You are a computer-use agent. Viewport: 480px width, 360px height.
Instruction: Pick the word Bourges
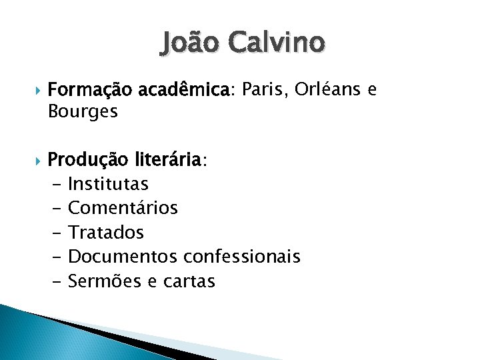point(83,111)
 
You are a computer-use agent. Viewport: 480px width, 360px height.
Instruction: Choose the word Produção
point(91,160)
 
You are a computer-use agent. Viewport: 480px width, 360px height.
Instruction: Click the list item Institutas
point(108,183)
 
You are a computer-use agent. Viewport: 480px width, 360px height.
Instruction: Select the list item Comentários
point(123,208)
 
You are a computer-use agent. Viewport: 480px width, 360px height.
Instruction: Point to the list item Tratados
point(105,232)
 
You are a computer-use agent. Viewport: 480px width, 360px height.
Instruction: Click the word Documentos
point(123,256)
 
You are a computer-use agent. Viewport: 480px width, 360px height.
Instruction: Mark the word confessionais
point(241,256)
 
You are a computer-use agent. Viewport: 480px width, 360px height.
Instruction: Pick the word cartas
point(190,281)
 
